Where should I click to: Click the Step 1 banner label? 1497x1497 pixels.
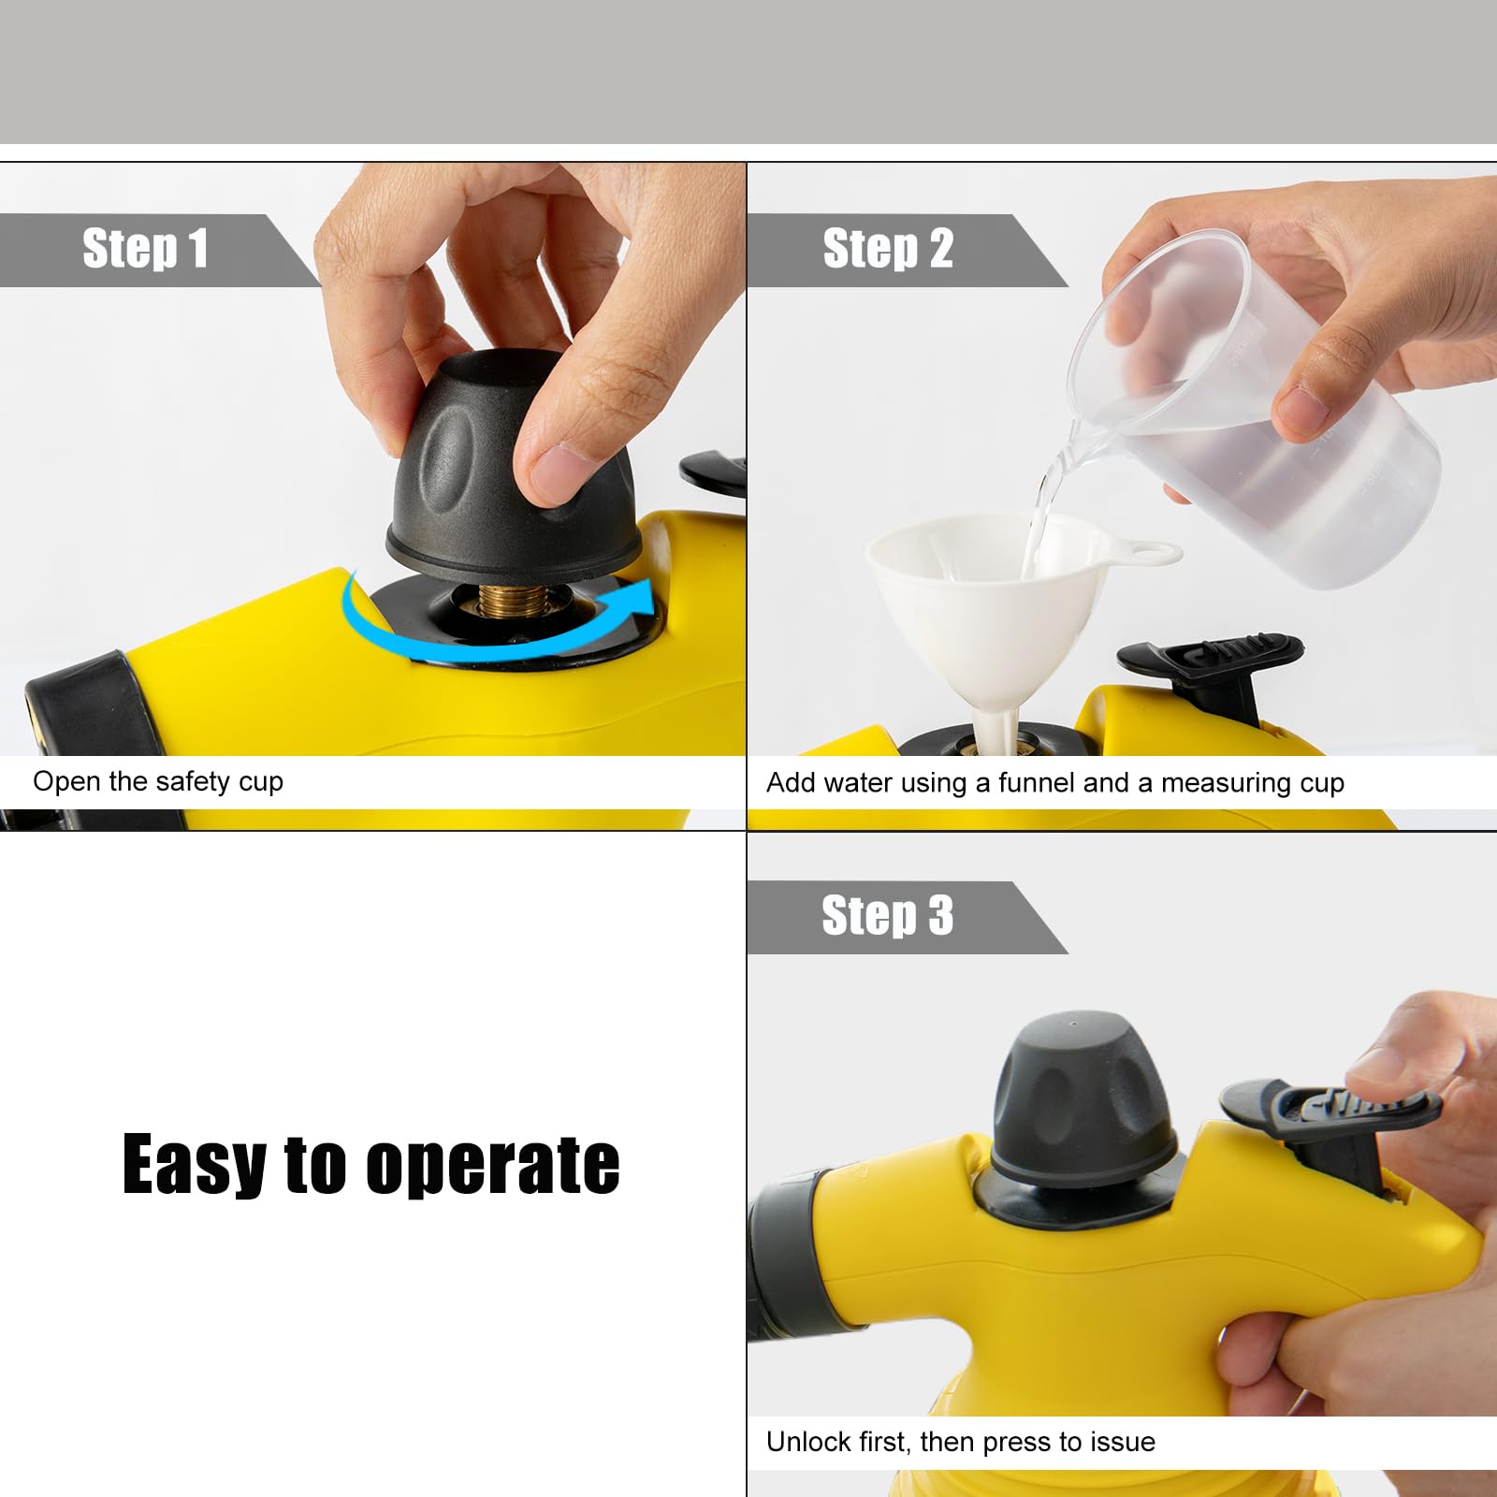145,249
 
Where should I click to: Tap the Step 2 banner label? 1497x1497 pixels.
888,249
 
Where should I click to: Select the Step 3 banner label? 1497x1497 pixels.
887,916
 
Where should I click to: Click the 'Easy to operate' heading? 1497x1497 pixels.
371,1165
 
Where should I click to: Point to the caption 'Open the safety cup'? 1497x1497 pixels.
158,781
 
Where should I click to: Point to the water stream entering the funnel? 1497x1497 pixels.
1042,515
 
